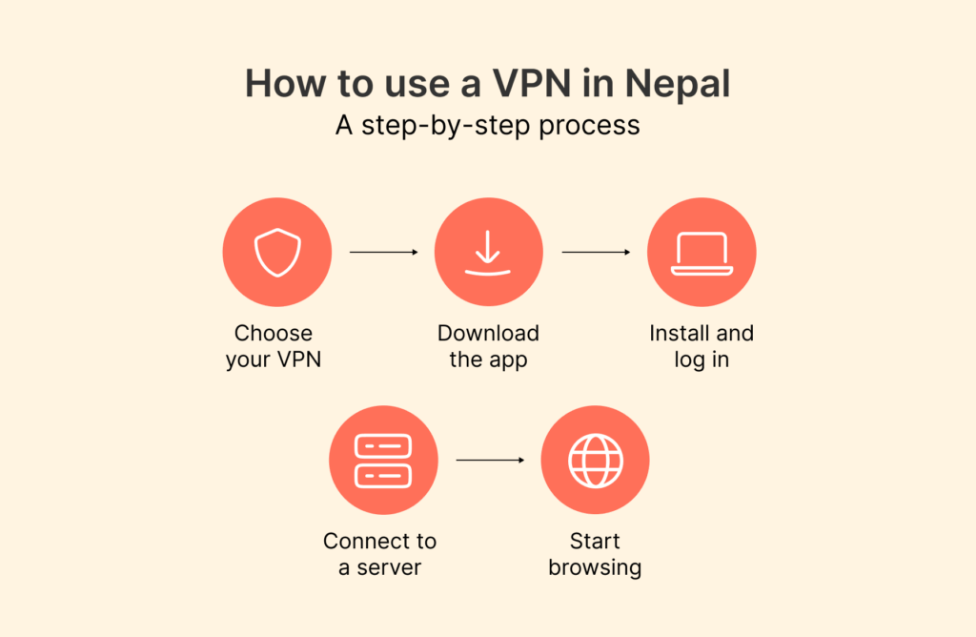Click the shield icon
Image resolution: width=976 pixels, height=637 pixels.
click(277, 253)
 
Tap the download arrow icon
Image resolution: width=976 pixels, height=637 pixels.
click(488, 253)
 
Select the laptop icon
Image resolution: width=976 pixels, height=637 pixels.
click(701, 253)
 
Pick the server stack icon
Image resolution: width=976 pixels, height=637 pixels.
click(383, 461)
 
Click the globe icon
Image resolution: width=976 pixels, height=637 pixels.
click(595, 461)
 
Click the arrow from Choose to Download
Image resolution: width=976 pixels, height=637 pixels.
click(383, 253)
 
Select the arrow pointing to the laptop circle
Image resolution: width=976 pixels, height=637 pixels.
click(596, 253)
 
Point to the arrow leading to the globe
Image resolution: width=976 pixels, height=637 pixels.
click(490, 461)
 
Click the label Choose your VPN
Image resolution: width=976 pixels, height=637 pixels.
click(274, 347)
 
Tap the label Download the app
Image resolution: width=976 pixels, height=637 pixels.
click(488, 347)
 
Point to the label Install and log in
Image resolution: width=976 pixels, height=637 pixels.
click(701, 347)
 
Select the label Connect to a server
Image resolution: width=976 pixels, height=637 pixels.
click(379, 554)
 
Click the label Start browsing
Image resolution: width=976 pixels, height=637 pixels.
click(595, 554)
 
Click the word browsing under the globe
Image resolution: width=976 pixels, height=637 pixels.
click(595, 568)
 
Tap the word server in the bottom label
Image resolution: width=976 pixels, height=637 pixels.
click(389, 568)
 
